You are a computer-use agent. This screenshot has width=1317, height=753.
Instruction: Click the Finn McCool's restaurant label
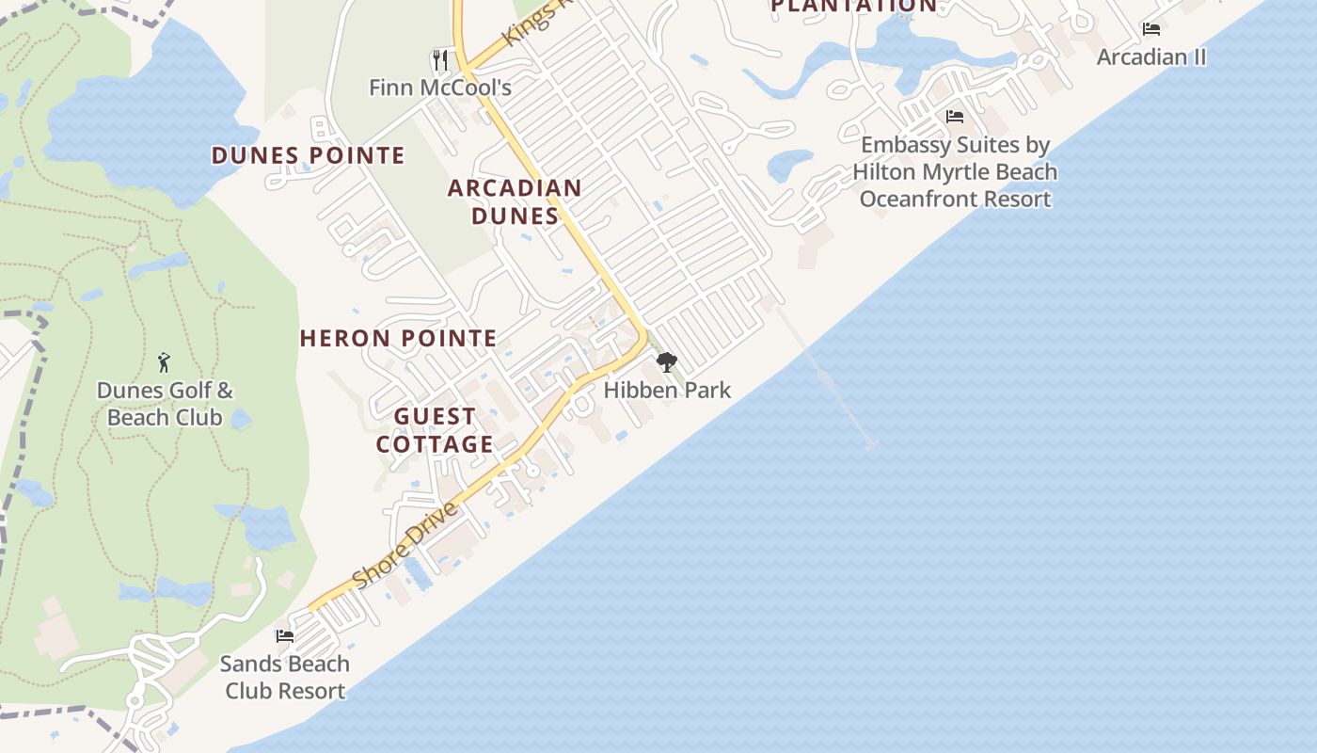(439, 88)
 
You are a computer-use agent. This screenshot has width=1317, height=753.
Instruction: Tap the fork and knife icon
(439, 60)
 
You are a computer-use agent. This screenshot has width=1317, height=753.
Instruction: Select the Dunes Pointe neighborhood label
(308, 155)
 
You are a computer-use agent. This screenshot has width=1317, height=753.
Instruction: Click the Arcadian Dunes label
(515, 201)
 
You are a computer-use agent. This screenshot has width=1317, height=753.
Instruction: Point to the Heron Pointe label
(398, 338)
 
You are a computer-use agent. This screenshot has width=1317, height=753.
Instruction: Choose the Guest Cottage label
(435, 430)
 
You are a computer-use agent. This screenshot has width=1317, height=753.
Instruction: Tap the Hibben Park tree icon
(667, 362)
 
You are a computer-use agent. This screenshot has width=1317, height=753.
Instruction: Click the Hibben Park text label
(667, 390)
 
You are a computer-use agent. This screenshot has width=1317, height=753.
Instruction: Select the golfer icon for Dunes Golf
(165, 362)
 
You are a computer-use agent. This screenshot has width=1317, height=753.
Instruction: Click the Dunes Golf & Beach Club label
(165, 404)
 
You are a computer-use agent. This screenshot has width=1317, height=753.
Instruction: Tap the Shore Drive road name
(407, 546)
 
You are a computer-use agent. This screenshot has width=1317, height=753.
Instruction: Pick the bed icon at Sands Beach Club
(285, 636)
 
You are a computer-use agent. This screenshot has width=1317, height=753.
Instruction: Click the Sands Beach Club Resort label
(284, 677)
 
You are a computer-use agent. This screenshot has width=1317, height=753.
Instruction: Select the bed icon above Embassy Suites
(955, 118)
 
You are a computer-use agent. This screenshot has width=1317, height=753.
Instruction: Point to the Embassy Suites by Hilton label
(955, 172)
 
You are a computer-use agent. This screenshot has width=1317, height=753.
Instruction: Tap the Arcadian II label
(1151, 56)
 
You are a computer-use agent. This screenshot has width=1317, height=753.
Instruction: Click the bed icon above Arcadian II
(1151, 29)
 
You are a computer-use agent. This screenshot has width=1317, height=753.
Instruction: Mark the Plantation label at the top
(853, 6)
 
